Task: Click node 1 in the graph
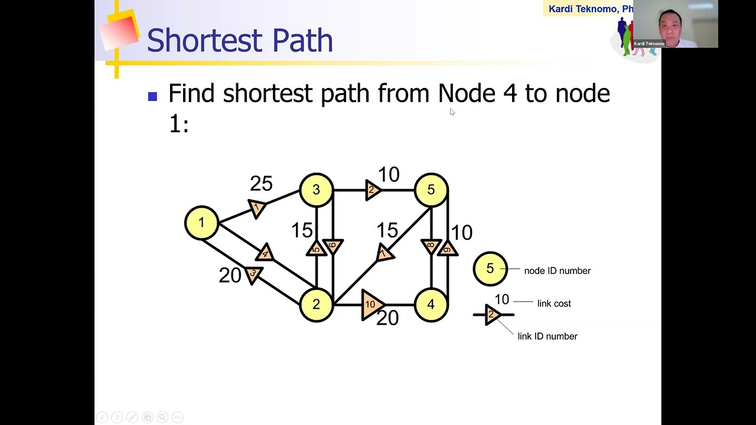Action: [x=201, y=223]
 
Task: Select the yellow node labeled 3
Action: [x=316, y=189]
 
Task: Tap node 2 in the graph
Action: [x=316, y=304]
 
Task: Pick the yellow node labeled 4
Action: [x=431, y=304]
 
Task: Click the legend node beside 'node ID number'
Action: [x=490, y=269]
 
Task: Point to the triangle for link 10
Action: [x=371, y=305]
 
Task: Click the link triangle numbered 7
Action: [x=384, y=253]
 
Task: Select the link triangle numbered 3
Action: [x=253, y=274]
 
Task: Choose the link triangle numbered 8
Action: [x=431, y=246]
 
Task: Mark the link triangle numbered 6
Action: [x=333, y=246]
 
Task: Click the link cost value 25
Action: [x=261, y=184]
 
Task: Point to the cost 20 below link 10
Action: [x=387, y=318]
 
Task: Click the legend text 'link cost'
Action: [x=554, y=303]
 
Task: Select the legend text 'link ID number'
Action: [x=548, y=336]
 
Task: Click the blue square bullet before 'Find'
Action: [x=153, y=96]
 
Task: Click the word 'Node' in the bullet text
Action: [x=467, y=93]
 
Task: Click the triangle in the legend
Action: [x=493, y=315]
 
